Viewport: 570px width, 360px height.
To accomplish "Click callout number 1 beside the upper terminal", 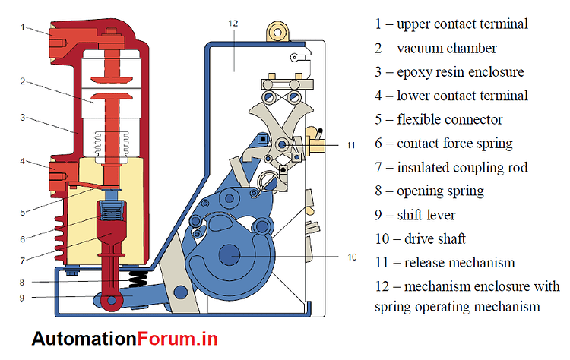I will click(x=24, y=27).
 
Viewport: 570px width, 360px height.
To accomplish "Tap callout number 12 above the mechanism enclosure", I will click(x=233, y=24).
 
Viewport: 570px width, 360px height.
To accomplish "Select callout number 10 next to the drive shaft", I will click(x=352, y=257).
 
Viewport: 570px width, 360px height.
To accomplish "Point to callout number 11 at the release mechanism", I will click(x=350, y=144).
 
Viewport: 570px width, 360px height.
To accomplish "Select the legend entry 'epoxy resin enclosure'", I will click(x=452, y=72).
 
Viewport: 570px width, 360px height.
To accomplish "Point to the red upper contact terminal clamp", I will click(x=57, y=34).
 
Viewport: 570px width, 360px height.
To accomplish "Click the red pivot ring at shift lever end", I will click(x=112, y=302).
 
